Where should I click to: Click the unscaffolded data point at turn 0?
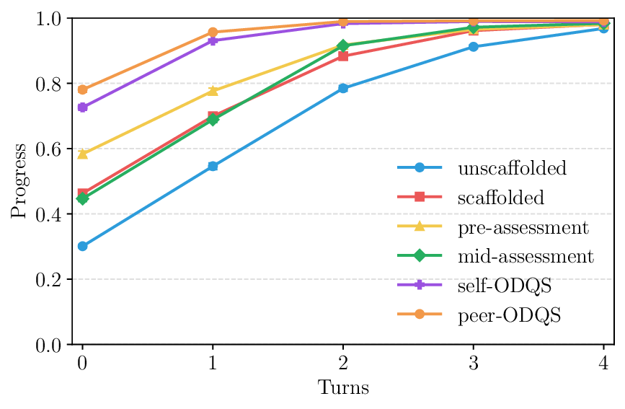coord(82,246)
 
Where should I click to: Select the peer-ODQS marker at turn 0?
coord(82,90)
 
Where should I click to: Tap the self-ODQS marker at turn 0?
coord(82,107)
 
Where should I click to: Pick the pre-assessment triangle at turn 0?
coord(82,154)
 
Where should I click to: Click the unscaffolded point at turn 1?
coord(213,167)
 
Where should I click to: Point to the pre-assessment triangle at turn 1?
coord(213,91)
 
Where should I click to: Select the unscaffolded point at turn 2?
coord(343,88)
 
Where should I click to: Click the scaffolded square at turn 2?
coord(343,56)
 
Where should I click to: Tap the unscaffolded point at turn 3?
coord(474,47)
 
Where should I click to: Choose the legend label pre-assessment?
coord(523,228)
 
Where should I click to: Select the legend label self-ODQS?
coord(504,286)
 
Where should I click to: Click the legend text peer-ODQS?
coord(507,316)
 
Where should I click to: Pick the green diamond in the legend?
coord(420,257)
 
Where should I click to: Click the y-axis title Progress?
coord(19,181)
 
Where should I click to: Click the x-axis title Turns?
coord(343,388)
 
